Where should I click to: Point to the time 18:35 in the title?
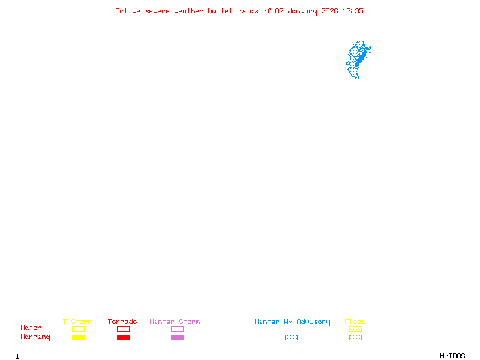[x=353, y=11]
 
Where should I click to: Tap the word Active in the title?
[x=128, y=11]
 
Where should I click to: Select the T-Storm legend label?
[x=77, y=322]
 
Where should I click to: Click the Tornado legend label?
[x=122, y=322]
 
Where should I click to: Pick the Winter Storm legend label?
[x=175, y=322]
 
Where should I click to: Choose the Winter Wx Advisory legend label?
[x=292, y=322]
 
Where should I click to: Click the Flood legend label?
[x=355, y=322]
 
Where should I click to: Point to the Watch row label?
[x=31, y=328]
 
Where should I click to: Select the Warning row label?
[x=35, y=337]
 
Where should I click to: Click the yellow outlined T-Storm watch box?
[x=78, y=329]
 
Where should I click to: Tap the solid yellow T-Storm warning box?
[x=78, y=337]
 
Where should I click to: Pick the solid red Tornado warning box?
[x=123, y=337]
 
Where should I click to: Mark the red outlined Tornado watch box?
[x=123, y=329]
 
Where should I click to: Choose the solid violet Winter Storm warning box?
[x=177, y=337]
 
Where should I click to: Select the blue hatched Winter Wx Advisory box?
[x=291, y=337]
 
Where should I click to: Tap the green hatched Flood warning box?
[x=355, y=337]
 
